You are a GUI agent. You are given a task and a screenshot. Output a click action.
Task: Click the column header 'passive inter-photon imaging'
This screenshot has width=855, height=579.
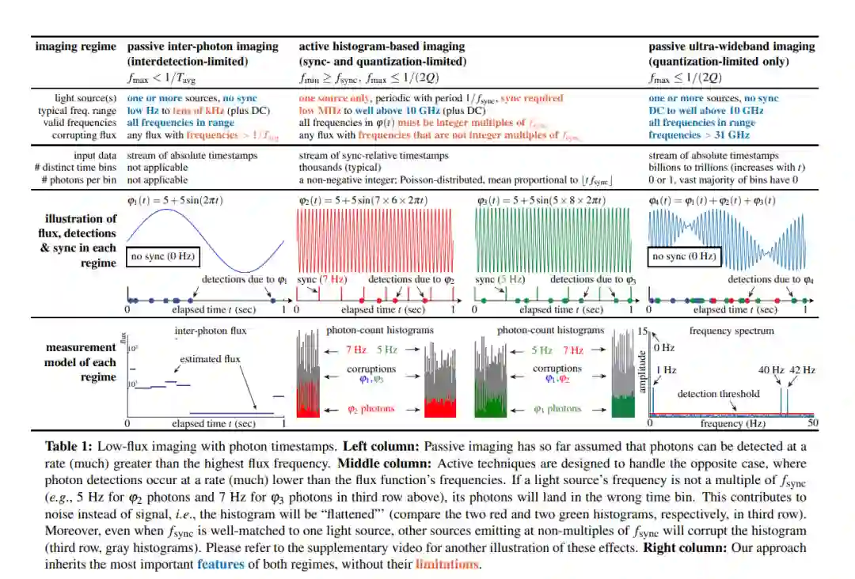pyautogui.click(x=203, y=47)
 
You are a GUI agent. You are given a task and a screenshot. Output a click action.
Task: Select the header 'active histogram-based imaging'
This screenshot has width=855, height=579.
pyautogui.click(x=382, y=47)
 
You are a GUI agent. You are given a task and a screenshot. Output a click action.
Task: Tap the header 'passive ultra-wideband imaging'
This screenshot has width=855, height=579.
pyautogui.click(x=731, y=47)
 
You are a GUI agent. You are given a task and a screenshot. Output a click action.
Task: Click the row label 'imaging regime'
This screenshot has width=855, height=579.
pyautogui.click(x=76, y=47)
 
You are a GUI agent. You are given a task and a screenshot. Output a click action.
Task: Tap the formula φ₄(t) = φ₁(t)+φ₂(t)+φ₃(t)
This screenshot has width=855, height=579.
pyautogui.click(x=712, y=200)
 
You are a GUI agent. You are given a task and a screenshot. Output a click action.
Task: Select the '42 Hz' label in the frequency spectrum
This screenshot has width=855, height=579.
pyautogui.click(x=802, y=370)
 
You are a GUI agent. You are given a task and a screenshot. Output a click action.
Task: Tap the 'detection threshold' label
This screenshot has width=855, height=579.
pyautogui.click(x=718, y=393)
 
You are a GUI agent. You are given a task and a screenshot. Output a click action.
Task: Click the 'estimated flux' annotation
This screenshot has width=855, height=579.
pyautogui.click(x=209, y=358)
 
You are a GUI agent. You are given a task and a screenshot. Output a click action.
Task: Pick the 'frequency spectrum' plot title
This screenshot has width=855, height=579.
pyautogui.click(x=731, y=331)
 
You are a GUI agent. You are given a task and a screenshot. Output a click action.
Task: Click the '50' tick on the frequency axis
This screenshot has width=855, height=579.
pyautogui.click(x=812, y=423)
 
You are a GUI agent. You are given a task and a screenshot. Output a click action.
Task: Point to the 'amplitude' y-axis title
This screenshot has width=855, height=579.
pyautogui.click(x=643, y=372)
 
